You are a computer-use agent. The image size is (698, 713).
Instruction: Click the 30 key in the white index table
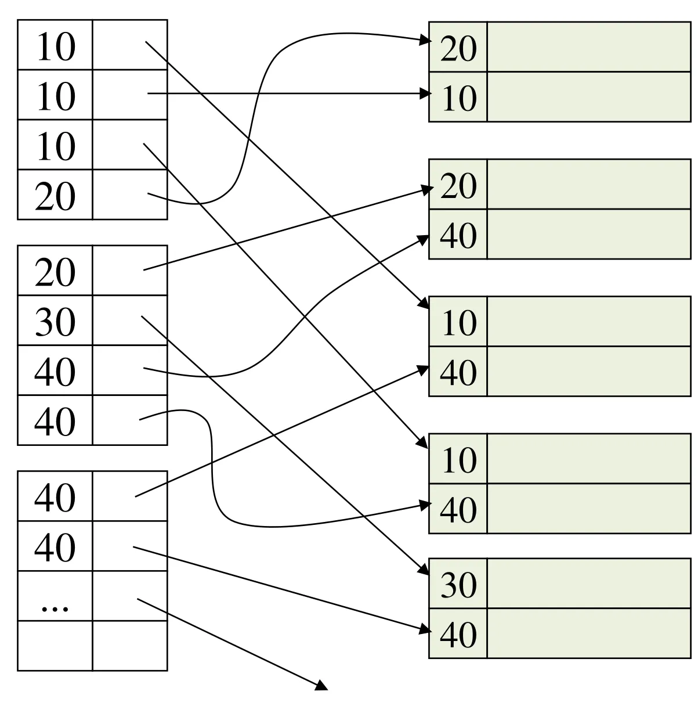(x=55, y=321)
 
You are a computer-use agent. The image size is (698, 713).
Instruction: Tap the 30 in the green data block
(x=458, y=585)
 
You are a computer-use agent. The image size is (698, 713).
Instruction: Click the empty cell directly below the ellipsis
(x=55, y=646)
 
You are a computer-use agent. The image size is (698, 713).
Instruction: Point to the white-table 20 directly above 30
(x=55, y=272)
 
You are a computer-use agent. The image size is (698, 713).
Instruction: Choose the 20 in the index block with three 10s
(x=55, y=196)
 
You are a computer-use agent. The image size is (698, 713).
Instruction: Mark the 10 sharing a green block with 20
(x=458, y=98)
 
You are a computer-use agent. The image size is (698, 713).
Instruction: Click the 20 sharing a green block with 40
(x=458, y=186)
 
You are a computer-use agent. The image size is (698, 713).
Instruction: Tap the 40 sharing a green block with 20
(x=458, y=235)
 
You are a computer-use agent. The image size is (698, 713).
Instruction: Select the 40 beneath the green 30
(x=458, y=634)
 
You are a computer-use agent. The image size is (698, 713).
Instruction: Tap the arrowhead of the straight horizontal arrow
(x=425, y=93)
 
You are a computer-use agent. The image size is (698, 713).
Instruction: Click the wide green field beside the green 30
(x=589, y=584)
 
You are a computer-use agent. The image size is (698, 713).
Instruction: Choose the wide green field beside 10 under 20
(x=589, y=97)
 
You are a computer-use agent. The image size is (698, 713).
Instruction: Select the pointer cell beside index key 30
(x=129, y=321)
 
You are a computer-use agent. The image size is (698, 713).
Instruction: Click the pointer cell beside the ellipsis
(x=129, y=596)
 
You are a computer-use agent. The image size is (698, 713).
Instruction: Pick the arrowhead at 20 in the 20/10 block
(x=425, y=41)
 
